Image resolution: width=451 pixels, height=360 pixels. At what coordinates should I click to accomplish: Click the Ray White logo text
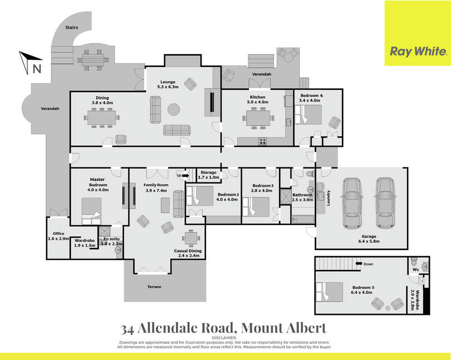point(418,51)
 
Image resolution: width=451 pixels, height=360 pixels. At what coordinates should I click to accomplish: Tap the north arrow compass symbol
point(31,63)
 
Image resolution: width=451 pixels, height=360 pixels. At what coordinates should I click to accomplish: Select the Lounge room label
point(167,81)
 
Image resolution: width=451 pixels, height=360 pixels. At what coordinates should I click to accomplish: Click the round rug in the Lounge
point(174,109)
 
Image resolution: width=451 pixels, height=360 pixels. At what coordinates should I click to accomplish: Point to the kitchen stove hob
point(262,141)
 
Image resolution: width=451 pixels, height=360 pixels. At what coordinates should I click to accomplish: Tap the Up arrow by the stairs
point(185,175)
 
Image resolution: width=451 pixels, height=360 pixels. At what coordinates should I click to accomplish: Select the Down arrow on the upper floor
point(358,263)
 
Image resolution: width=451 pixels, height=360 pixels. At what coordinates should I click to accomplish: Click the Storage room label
point(209,172)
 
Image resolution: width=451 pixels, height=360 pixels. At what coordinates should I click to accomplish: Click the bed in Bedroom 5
point(329,291)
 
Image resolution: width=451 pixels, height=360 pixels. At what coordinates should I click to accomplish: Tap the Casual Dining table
point(190,238)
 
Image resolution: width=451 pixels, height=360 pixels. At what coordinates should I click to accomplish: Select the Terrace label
point(154,287)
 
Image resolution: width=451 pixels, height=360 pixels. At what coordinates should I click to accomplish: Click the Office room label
point(59,233)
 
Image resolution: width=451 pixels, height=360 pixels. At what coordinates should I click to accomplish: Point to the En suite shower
point(104,232)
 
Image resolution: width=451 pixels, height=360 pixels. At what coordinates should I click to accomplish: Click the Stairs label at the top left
point(71,27)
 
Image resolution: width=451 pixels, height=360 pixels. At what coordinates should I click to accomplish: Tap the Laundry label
point(328,198)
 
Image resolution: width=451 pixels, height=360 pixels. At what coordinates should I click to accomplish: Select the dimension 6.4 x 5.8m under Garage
point(369,241)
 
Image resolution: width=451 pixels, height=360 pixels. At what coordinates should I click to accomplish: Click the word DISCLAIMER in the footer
point(224,338)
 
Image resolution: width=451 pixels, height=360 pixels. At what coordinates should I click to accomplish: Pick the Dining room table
point(102,118)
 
